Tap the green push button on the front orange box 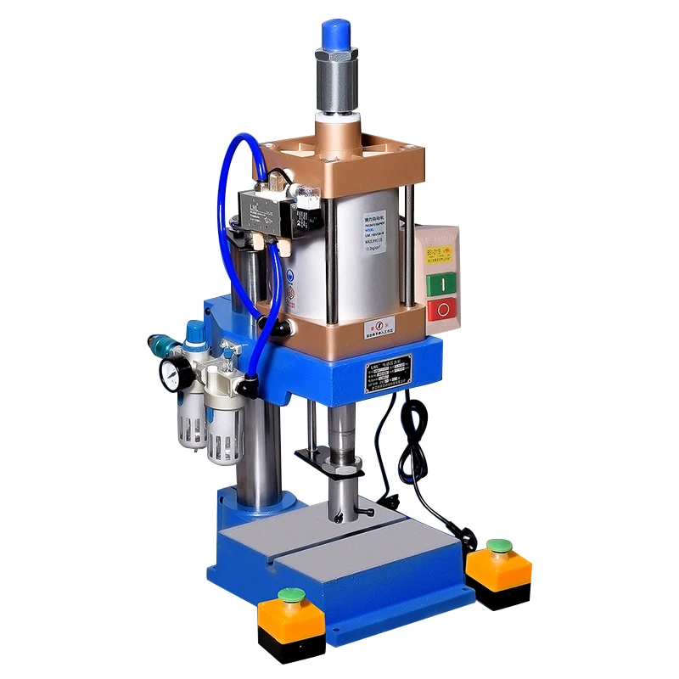[x=293, y=595]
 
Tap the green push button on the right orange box [x=498, y=545]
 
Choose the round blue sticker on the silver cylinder [x=290, y=277]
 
